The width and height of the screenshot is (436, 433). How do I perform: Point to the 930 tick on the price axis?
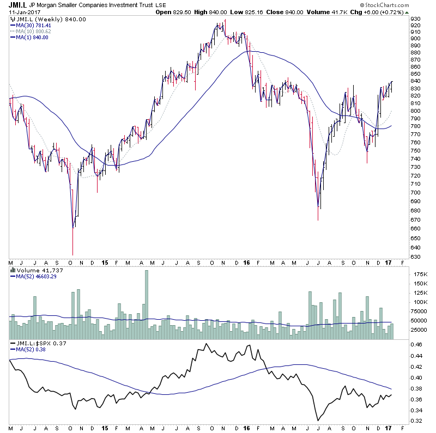point(415,19)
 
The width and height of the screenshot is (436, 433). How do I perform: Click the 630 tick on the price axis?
point(415,257)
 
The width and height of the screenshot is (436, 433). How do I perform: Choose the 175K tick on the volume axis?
point(417,274)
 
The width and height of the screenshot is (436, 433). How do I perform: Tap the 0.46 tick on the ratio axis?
point(416,345)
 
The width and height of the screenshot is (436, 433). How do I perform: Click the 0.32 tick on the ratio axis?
point(416,421)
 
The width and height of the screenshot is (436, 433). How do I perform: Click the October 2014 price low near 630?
point(72,254)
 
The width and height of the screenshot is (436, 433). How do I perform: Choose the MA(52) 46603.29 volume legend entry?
point(36,276)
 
